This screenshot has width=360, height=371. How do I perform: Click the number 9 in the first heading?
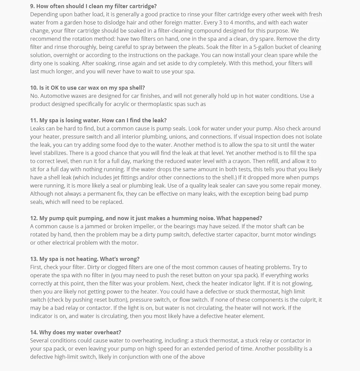pos(32,6)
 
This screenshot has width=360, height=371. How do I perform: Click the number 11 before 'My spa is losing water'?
pos(33,120)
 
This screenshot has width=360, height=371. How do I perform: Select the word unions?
pos(177,137)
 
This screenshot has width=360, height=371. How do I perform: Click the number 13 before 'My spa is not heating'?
pos(33,259)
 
